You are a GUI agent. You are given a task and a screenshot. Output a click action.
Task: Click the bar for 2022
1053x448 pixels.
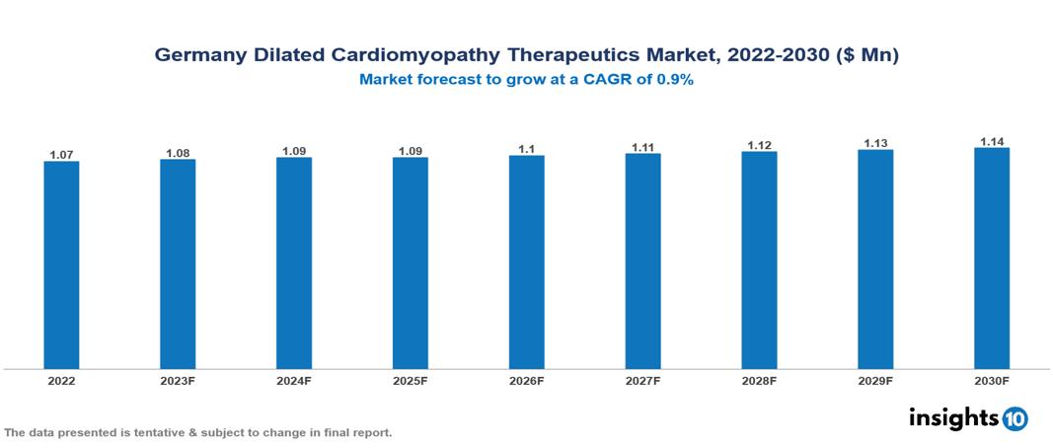[x=61, y=264]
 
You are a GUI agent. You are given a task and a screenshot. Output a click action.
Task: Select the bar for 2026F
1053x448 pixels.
[x=526, y=261]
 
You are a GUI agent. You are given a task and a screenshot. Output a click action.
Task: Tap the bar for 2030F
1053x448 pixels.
[x=992, y=259]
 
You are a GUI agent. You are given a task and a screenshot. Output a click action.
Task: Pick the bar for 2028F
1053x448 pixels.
[x=759, y=261]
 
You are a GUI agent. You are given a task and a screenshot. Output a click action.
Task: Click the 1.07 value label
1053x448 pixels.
[x=61, y=155]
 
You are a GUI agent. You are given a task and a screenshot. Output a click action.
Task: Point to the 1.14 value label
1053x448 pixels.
[x=992, y=141]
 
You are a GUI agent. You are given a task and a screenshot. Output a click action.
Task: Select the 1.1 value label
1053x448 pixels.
[x=526, y=149]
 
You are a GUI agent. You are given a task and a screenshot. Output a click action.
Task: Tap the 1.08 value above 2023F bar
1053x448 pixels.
[x=178, y=153]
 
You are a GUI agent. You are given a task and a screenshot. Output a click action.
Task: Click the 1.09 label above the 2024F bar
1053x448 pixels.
[x=294, y=151]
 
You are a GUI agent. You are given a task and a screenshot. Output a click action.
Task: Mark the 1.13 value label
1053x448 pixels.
[x=875, y=143]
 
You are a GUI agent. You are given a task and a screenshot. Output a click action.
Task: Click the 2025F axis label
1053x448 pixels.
[x=411, y=380]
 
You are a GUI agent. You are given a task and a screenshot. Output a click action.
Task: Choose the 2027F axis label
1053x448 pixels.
[x=642, y=380]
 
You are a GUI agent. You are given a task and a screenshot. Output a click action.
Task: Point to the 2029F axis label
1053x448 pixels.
[x=875, y=380]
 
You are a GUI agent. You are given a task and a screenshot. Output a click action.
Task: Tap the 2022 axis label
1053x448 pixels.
[x=61, y=380]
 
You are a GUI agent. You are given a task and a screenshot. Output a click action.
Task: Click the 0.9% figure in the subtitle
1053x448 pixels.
[x=676, y=81]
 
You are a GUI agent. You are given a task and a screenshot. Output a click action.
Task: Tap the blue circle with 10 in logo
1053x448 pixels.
[x=1015, y=418]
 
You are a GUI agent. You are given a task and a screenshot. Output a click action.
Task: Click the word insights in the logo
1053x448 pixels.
[x=952, y=417]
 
